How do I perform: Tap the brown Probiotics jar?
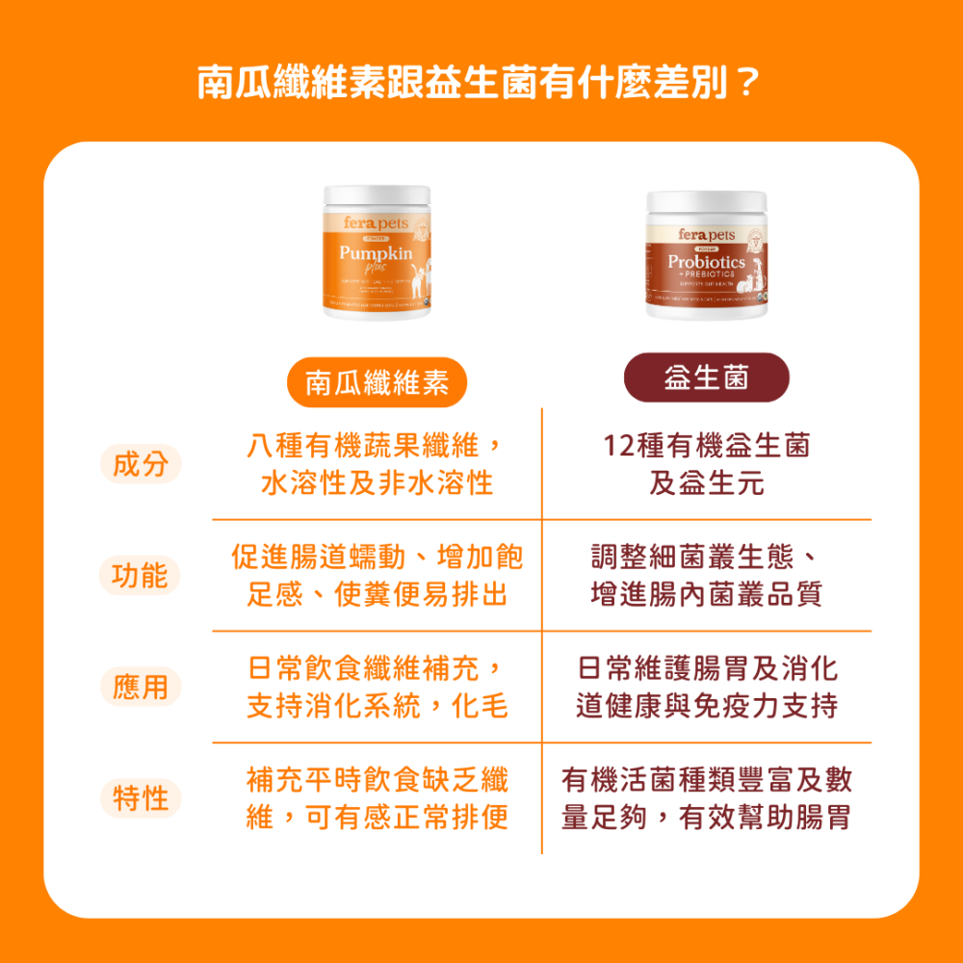707,254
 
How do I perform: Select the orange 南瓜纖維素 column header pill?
377,383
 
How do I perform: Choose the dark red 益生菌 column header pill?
707,377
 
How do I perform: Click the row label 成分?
141,464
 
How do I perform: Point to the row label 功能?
141,576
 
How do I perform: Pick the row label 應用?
141,688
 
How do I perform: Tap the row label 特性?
141,799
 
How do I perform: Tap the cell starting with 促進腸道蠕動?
377,576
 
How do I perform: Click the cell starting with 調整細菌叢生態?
707,576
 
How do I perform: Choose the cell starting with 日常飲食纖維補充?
377,688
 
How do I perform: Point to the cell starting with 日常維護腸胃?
707,688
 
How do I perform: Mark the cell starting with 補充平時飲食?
377,799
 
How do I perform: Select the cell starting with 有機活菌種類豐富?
707,799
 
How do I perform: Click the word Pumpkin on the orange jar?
376,253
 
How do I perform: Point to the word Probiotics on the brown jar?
707,262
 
